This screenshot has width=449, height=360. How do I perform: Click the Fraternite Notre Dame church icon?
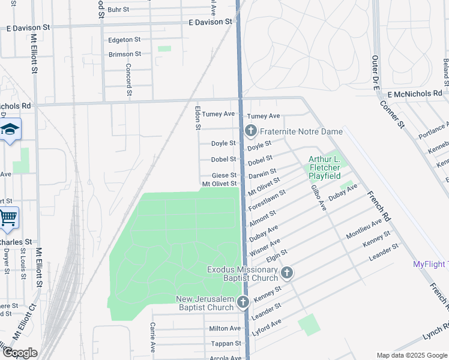coord(250,131)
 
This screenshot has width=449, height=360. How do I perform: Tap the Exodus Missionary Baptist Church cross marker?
coord(287,274)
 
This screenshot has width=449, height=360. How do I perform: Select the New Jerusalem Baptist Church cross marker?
coord(243,302)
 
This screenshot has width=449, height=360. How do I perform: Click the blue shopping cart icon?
coord(8,218)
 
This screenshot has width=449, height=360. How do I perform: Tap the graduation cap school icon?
coord(10,130)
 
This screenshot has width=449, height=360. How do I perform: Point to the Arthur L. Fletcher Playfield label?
coord(324,167)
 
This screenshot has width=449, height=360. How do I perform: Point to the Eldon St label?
coord(197,118)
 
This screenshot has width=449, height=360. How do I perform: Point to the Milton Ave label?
coord(225,328)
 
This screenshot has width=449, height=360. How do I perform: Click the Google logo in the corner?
coord(19,353)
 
